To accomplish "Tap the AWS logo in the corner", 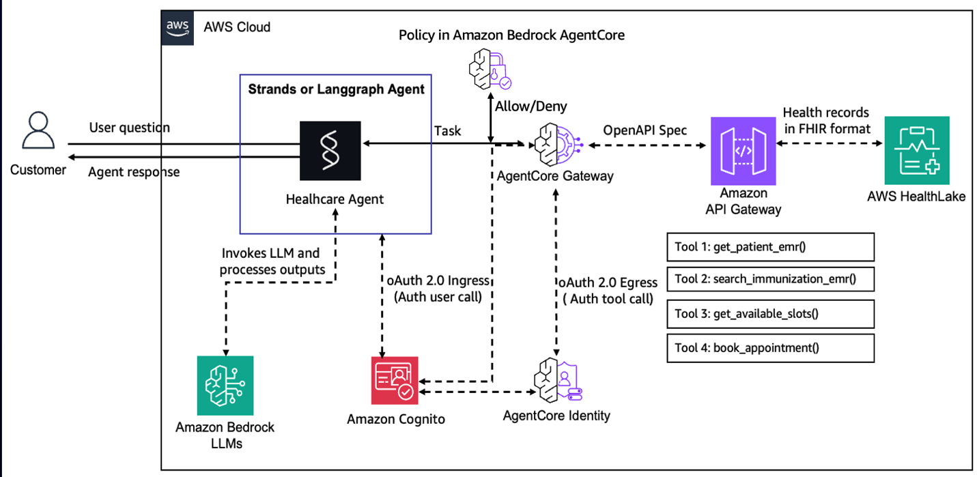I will [x=178, y=27].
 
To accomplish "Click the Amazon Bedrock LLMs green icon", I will [x=225, y=385].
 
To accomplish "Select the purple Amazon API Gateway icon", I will [x=744, y=150].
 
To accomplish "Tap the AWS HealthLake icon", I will [x=916, y=150].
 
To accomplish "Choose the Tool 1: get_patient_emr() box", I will [x=770, y=247].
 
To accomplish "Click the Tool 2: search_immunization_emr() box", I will [x=770, y=280].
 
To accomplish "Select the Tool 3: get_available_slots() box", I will [x=770, y=313].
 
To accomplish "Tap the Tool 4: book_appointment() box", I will [x=770, y=347].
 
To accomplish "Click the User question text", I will [x=129, y=128].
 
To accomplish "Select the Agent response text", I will [x=134, y=172].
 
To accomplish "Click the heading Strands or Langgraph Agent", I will [x=336, y=89].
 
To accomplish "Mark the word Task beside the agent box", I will [x=447, y=130].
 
